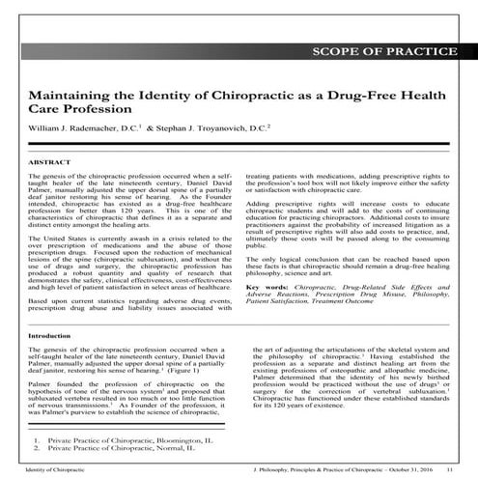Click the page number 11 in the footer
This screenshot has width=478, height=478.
pyautogui.click(x=449, y=468)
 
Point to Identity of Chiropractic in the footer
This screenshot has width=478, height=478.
pyautogui.click(x=53, y=468)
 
